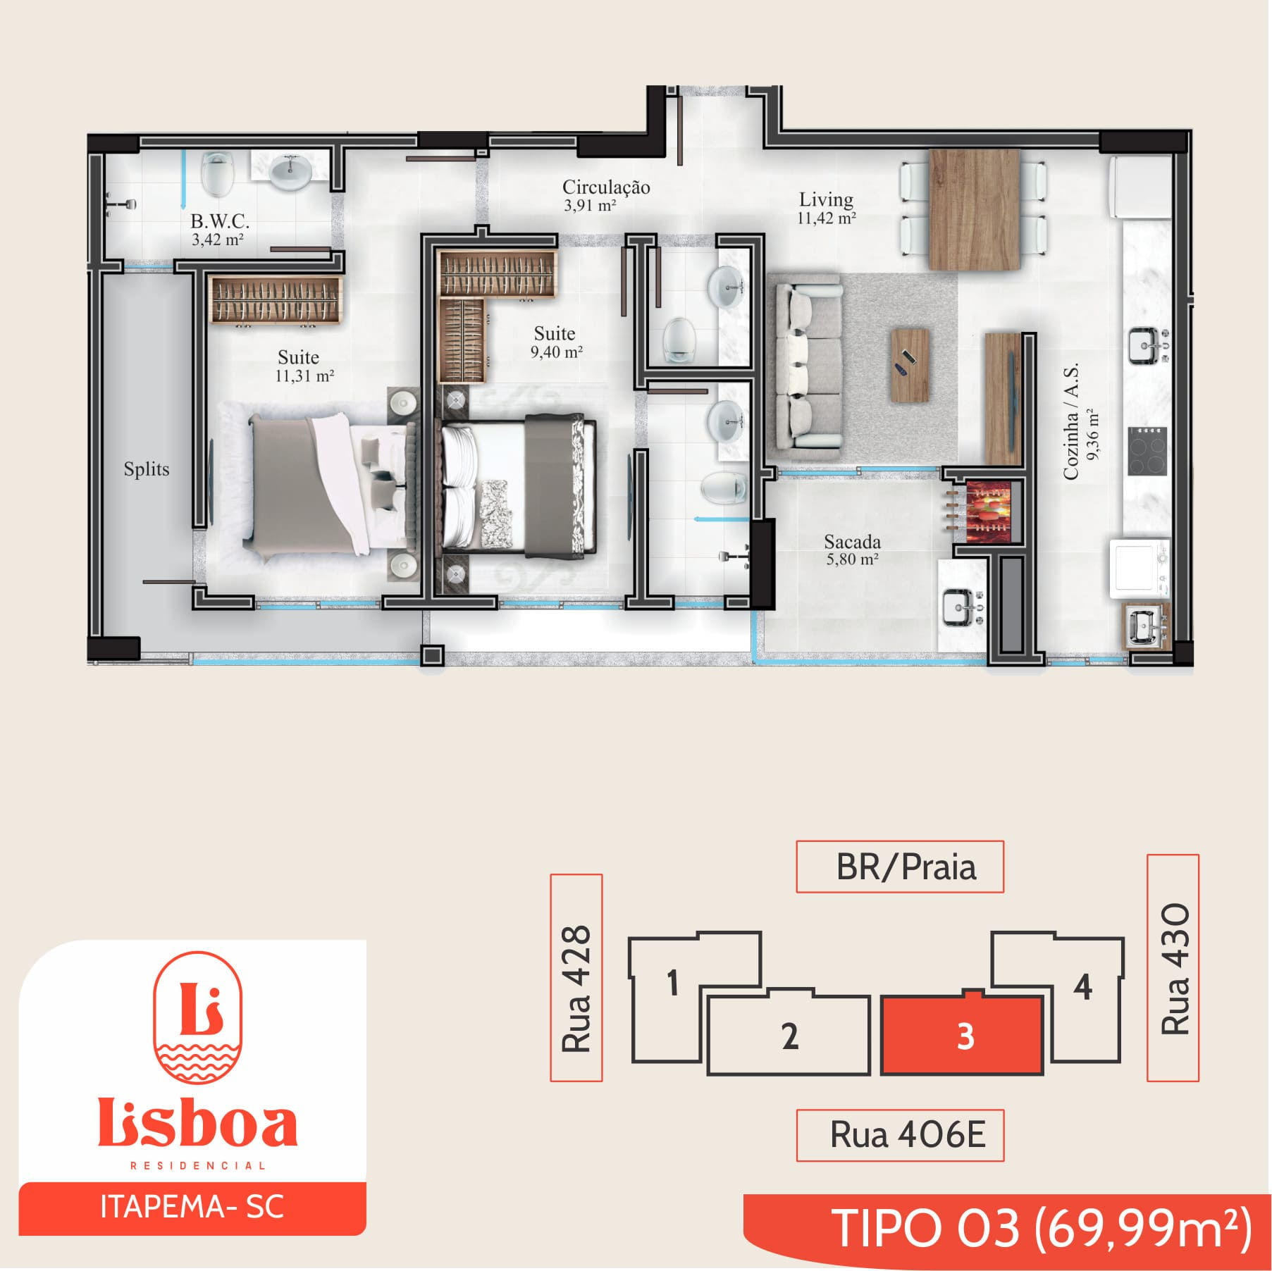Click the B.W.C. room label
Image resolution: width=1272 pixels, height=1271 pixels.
(219, 221)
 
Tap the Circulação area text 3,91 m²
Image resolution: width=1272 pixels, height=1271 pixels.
(590, 206)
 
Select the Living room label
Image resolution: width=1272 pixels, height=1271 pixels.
(826, 199)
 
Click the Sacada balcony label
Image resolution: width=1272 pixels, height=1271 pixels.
(852, 542)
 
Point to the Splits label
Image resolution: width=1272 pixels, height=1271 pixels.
(147, 469)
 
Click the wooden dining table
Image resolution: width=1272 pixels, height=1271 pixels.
(974, 209)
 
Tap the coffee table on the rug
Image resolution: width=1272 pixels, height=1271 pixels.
(909, 365)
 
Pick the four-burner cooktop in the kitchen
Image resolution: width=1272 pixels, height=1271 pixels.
(1147, 450)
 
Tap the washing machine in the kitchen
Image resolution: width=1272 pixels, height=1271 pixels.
(1139, 569)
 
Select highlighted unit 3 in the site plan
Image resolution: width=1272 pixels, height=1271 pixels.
(961, 1034)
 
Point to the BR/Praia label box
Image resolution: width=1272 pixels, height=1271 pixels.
(900, 867)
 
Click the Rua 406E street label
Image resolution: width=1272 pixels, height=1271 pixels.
(908, 1135)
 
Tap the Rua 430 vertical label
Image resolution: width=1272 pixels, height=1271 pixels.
(1174, 968)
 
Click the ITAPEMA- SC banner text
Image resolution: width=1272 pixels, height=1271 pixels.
(192, 1206)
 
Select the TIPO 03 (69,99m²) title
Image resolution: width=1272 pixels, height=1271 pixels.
(1042, 1228)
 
